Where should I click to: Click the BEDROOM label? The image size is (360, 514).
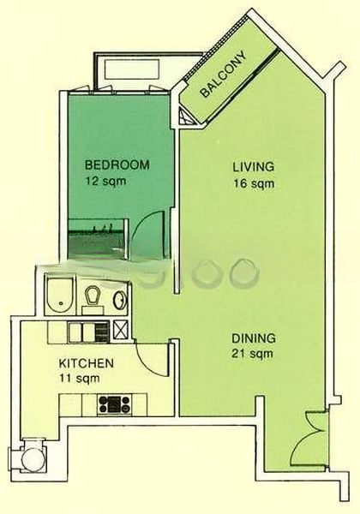117,164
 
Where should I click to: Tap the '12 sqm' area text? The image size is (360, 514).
106,181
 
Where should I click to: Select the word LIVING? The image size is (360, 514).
254,167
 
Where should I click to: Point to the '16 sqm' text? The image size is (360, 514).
254,183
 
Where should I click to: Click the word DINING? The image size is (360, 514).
254,338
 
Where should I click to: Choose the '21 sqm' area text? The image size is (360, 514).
253,354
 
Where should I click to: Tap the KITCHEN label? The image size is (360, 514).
87,363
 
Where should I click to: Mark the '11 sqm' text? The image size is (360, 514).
80,379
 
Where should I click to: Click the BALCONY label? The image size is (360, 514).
223,74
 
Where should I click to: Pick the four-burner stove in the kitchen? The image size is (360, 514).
114,403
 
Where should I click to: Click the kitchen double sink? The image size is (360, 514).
82,332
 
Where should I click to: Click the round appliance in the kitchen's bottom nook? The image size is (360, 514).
32,458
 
